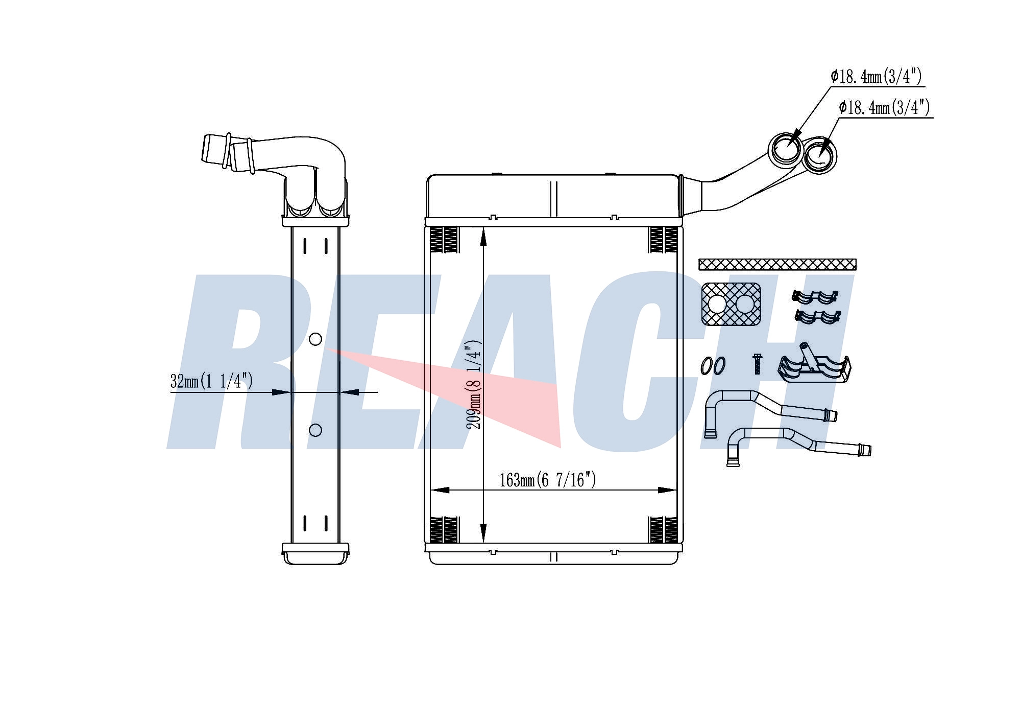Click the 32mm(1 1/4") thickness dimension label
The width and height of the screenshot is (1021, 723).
point(211,381)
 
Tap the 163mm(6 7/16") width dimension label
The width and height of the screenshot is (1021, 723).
point(548,480)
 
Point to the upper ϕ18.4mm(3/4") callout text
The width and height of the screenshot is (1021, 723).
point(876,77)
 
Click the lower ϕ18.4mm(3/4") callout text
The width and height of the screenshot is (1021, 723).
point(884,108)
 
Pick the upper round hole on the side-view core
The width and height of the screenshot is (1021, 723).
point(315,339)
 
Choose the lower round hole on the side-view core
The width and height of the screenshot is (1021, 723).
point(315,430)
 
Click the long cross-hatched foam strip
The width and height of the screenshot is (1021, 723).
point(777,264)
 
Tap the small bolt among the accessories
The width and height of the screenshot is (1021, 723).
point(758,364)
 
